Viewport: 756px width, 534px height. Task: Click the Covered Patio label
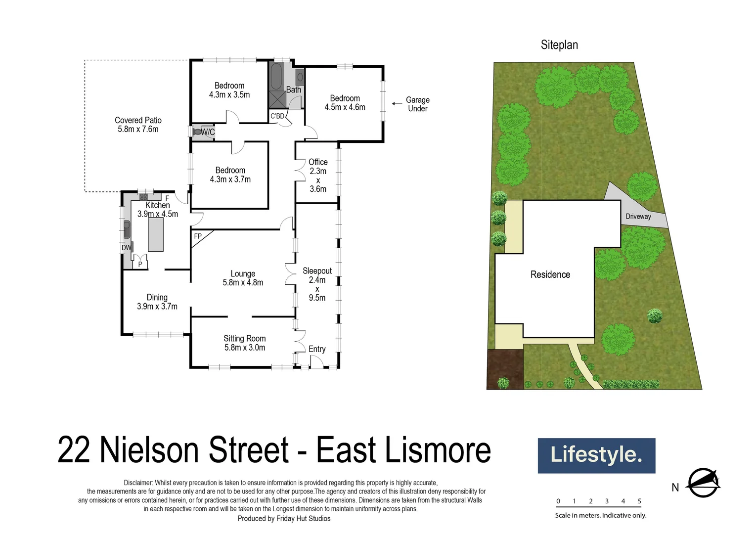138,120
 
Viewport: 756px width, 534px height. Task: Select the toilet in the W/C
197,132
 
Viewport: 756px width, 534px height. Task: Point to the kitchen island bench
156,234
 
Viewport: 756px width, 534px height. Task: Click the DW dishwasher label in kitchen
126,248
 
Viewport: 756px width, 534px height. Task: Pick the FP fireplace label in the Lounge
198,236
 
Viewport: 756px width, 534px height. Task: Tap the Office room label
318,162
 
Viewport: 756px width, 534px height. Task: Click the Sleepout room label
317,271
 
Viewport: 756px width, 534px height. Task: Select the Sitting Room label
244,339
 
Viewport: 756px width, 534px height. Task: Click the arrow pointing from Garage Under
397,104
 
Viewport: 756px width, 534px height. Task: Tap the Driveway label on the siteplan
638,217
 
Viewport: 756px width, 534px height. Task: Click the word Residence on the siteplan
550,274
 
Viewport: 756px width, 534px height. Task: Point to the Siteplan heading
559,45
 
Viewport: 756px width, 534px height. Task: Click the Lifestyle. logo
596,455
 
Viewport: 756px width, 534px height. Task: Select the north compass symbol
704,482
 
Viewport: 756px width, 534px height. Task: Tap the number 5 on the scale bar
639,501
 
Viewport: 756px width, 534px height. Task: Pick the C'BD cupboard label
277,116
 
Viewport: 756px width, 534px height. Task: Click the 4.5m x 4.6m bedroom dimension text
345,107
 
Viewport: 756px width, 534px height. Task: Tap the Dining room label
157,297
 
